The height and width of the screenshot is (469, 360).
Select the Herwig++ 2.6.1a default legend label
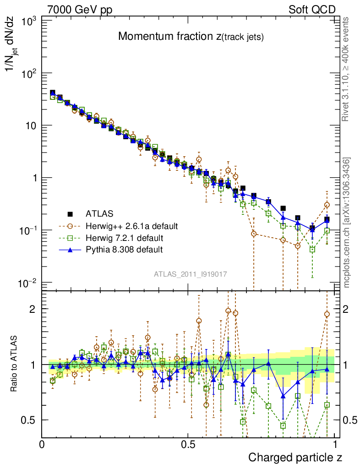coord(131,226)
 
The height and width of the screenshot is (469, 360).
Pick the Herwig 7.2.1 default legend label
coord(124,238)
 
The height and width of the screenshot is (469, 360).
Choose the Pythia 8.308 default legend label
coord(124,250)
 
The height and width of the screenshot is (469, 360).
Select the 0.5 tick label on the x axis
coord(188,445)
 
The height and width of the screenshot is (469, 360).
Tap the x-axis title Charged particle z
coord(295,457)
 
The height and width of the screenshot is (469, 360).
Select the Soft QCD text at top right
coord(312,9)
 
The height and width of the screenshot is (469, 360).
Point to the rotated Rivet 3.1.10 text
coord(346,69)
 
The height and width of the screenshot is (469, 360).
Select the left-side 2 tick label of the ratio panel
coord(32,309)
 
